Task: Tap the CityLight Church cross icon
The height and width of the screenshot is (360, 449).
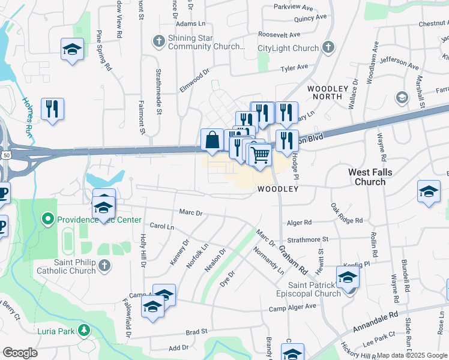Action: click(328, 47)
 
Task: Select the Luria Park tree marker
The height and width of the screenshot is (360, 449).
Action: click(85, 329)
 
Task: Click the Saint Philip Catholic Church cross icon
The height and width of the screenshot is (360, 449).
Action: click(104, 265)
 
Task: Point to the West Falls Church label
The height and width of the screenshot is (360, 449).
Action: click(375, 177)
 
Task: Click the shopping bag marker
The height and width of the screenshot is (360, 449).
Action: click(212, 140)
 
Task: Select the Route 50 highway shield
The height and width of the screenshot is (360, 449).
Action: click(6, 155)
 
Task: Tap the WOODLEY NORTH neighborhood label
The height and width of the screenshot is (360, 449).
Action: click(328, 92)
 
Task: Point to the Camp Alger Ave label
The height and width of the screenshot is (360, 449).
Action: click(292, 307)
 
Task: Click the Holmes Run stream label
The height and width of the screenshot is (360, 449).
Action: click(27, 115)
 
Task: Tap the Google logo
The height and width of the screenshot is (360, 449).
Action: click(20, 353)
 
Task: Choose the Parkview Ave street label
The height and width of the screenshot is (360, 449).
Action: click(294, 8)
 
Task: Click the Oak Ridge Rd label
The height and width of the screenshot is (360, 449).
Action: click(346, 213)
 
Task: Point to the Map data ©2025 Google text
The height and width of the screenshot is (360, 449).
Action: click(412, 355)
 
